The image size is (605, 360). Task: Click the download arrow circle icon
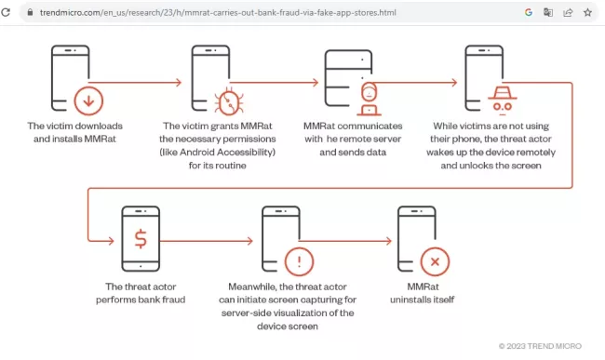coord(88,100)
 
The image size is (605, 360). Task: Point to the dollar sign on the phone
coord(141,239)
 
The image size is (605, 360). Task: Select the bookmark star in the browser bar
coord(587,13)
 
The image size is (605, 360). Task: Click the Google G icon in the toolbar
coord(528,13)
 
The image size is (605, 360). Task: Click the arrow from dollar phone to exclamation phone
coord(208,239)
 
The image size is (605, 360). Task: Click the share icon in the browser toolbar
coord(568,13)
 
